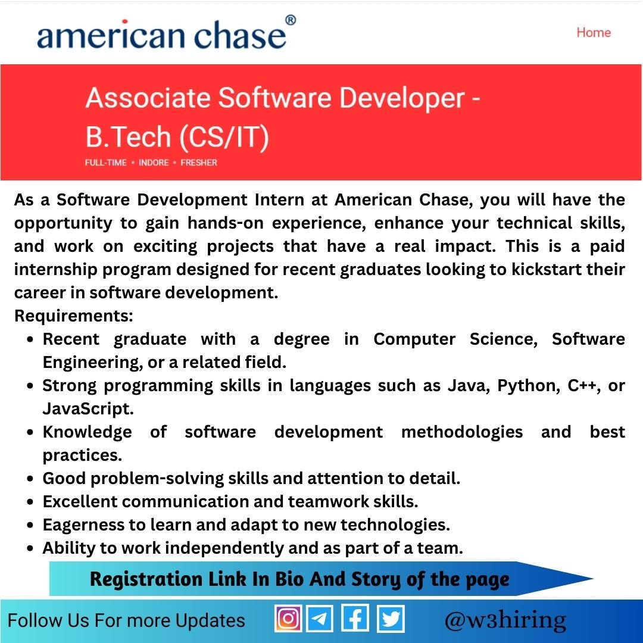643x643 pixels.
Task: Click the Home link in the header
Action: (594, 32)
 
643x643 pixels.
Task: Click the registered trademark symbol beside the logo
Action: (291, 20)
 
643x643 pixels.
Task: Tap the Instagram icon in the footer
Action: (288, 618)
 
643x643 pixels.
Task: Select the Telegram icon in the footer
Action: (320, 618)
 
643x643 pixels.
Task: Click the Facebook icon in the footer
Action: (355, 618)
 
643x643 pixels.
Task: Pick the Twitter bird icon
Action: (391, 619)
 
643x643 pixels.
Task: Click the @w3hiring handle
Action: (505, 620)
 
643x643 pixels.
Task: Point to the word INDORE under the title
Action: (154, 163)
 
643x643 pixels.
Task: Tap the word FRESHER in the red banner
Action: (199, 163)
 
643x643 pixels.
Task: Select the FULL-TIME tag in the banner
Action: (106, 163)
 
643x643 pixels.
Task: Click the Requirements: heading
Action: (74, 316)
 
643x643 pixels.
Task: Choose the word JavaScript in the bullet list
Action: (88, 409)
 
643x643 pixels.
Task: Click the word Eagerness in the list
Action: (83, 525)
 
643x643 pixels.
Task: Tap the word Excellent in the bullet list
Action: (80, 501)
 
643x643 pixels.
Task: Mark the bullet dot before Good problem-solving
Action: (30, 479)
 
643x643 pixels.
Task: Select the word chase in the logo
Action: (240, 35)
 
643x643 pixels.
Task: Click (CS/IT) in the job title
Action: (224, 137)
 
